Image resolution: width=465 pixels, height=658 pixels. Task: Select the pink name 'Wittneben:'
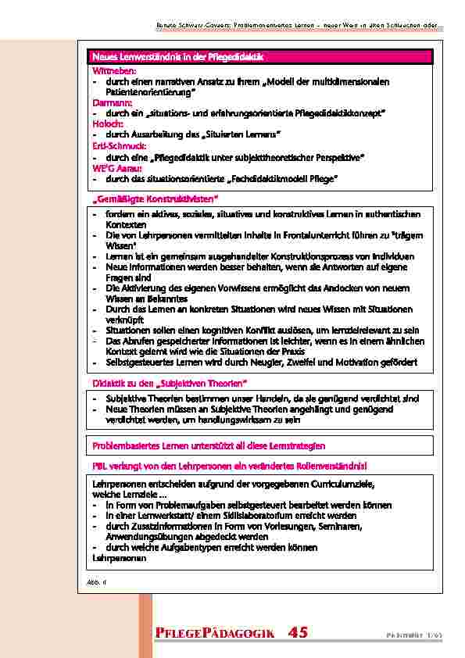click(114, 71)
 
